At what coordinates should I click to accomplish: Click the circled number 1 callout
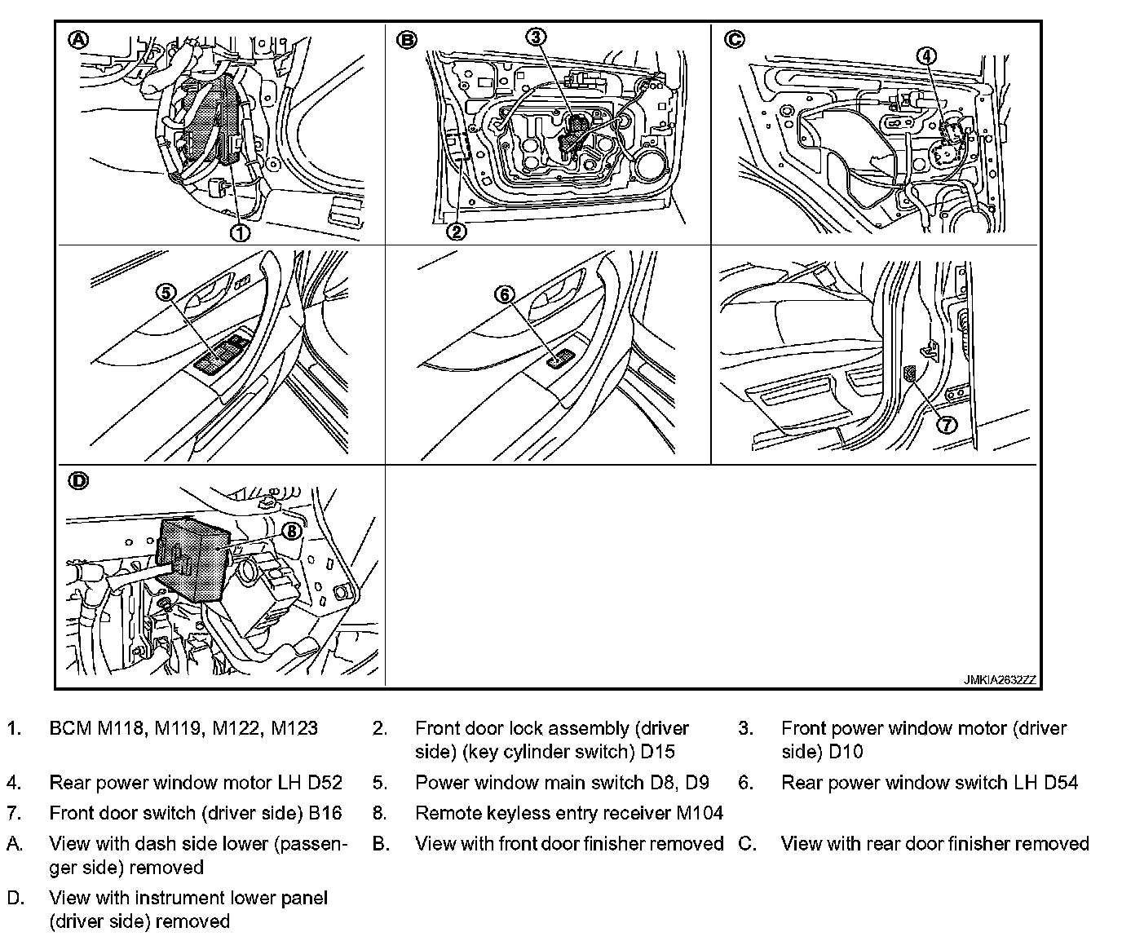[241, 232]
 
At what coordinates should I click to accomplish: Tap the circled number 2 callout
[456, 232]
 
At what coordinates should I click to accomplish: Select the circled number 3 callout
[536, 37]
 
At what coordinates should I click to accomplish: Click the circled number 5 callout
[166, 292]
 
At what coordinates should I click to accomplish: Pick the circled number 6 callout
[505, 294]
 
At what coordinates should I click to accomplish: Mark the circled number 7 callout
[946, 424]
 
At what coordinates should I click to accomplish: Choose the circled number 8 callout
[292, 531]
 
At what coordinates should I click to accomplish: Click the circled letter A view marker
[77, 38]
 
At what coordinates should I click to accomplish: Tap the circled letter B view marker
[406, 38]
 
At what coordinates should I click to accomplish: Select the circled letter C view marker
[734, 38]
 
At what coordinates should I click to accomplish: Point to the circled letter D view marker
[77, 481]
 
